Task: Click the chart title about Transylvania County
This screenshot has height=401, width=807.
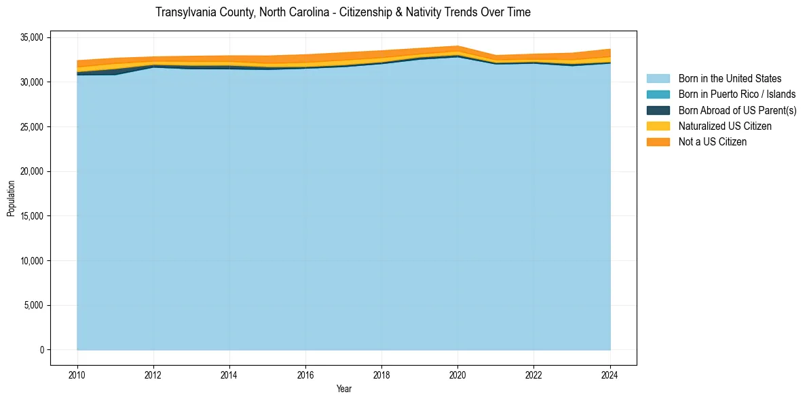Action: (x=343, y=12)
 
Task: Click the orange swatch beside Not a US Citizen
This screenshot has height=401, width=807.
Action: (x=658, y=141)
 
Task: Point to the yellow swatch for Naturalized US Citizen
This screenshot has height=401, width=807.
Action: (x=658, y=126)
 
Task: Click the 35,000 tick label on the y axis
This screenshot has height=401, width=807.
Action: (x=32, y=37)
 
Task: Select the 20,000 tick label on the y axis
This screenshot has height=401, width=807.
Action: (x=32, y=171)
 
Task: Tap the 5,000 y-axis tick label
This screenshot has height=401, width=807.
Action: (x=34, y=305)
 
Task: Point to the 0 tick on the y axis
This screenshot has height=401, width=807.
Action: (x=41, y=350)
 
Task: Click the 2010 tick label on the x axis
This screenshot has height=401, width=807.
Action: (x=77, y=374)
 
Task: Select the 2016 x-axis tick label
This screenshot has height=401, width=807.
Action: (x=305, y=374)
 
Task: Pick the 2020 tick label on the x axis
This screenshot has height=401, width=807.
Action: (x=457, y=374)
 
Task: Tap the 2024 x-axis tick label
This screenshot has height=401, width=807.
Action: (x=610, y=374)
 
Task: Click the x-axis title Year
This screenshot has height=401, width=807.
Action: (x=344, y=389)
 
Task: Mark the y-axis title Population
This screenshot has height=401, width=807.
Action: (x=11, y=198)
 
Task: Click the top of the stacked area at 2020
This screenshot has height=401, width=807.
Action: (x=457, y=46)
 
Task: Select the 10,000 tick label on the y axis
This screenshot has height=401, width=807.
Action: (x=32, y=261)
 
